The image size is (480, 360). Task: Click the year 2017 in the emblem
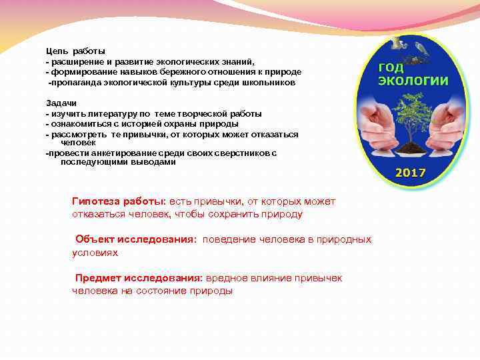(x=411, y=173)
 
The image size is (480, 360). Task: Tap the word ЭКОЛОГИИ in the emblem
(x=413, y=81)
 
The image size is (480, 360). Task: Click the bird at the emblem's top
(x=421, y=49)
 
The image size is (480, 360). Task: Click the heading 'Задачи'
(x=61, y=103)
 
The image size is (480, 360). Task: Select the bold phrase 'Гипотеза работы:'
(x=119, y=201)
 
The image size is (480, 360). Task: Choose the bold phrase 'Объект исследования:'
(x=136, y=239)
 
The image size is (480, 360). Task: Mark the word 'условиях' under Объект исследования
(x=95, y=253)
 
